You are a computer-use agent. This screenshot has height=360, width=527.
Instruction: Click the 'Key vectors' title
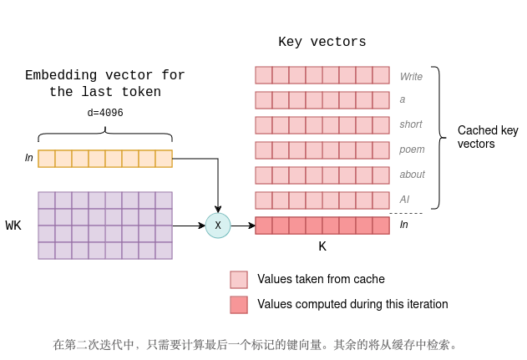tap(322, 43)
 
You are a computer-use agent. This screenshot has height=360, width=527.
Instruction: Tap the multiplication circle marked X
tap(218, 226)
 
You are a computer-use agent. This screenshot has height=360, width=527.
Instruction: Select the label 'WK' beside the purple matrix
tap(13, 226)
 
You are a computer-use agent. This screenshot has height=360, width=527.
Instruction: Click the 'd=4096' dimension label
tap(105, 113)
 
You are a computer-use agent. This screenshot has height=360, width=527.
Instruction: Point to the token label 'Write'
tap(411, 76)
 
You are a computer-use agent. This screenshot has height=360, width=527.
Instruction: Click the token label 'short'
tap(411, 124)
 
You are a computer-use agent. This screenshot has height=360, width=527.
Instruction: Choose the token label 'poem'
tap(412, 150)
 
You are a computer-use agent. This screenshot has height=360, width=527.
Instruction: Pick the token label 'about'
tap(413, 175)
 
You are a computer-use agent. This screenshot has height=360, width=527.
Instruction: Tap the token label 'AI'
tap(404, 200)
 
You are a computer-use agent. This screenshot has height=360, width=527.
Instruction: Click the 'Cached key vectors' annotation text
tap(488, 137)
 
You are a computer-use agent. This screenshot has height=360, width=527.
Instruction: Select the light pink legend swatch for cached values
tap(239, 279)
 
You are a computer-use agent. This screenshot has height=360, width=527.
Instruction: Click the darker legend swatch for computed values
tap(239, 305)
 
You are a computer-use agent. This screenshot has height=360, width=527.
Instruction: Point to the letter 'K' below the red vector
tap(322, 247)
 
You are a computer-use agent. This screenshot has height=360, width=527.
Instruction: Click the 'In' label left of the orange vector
tap(29, 158)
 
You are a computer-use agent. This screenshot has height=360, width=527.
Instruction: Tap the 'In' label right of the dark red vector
tap(404, 225)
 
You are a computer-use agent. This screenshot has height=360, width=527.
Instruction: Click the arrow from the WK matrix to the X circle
tap(188, 226)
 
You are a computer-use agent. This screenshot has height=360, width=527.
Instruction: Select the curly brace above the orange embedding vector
tap(105, 134)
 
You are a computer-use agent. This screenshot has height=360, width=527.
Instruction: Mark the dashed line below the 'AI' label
tap(406, 214)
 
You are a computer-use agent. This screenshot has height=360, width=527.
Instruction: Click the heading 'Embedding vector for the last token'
tap(105, 84)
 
